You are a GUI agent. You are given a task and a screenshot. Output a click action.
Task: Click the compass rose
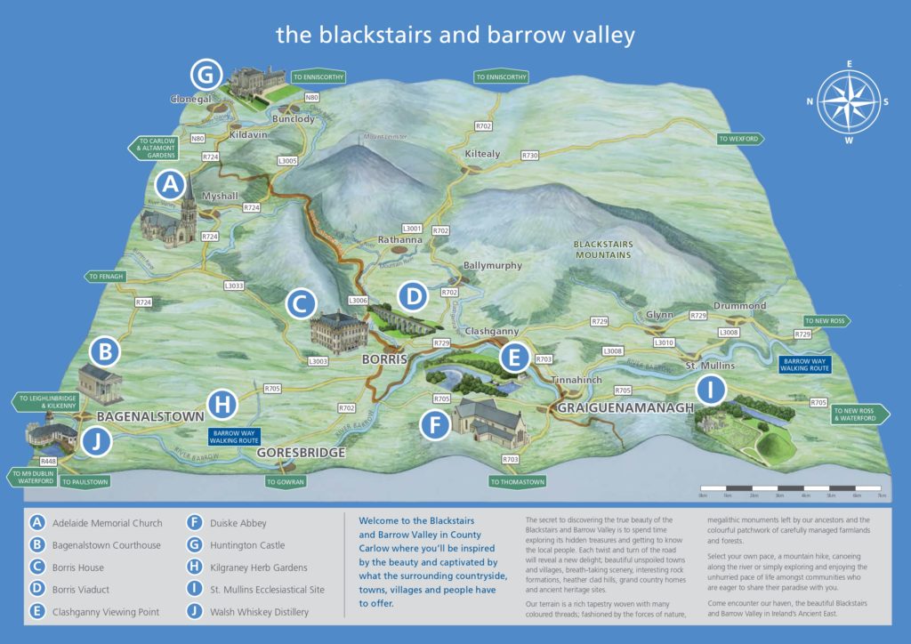coord(849,101)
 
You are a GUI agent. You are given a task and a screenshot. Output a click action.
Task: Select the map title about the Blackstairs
coord(455,35)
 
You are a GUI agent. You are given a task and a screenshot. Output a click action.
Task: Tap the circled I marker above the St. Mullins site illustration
coord(710,390)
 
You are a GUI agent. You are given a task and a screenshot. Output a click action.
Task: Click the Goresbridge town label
coord(301,453)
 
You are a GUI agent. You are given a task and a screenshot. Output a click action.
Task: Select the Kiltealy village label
coord(483,154)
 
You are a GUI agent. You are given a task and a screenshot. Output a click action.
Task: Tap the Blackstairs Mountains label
coord(601,249)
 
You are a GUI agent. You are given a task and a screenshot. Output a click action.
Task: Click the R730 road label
coord(530,156)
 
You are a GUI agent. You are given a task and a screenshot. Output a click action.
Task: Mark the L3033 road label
coord(234,286)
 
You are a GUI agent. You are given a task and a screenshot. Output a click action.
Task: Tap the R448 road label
coord(48,461)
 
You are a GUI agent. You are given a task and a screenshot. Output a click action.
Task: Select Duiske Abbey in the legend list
coord(239,523)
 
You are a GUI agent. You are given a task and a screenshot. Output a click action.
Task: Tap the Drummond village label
coord(739,306)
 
